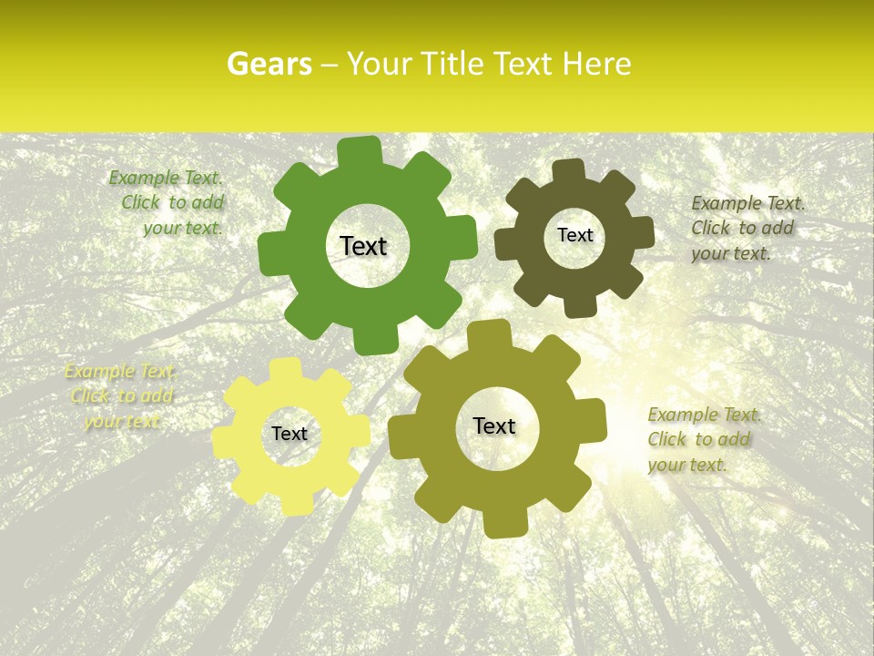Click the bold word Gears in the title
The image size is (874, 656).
[x=269, y=64]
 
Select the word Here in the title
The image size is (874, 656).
[x=597, y=64]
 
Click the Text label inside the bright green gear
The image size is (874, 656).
[x=363, y=246]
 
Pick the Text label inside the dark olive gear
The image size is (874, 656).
[x=574, y=235]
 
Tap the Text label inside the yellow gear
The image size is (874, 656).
[x=289, y=434]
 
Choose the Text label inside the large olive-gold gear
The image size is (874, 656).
[x=494, y=425]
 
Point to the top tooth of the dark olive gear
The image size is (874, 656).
[x=568, y=171]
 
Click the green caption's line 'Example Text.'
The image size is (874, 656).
[x=166, y=178]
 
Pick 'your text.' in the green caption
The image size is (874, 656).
[x=183, y=228]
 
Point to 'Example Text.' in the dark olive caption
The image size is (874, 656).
[x=747, y=203]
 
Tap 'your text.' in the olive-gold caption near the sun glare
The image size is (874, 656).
[x=687, y=465]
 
